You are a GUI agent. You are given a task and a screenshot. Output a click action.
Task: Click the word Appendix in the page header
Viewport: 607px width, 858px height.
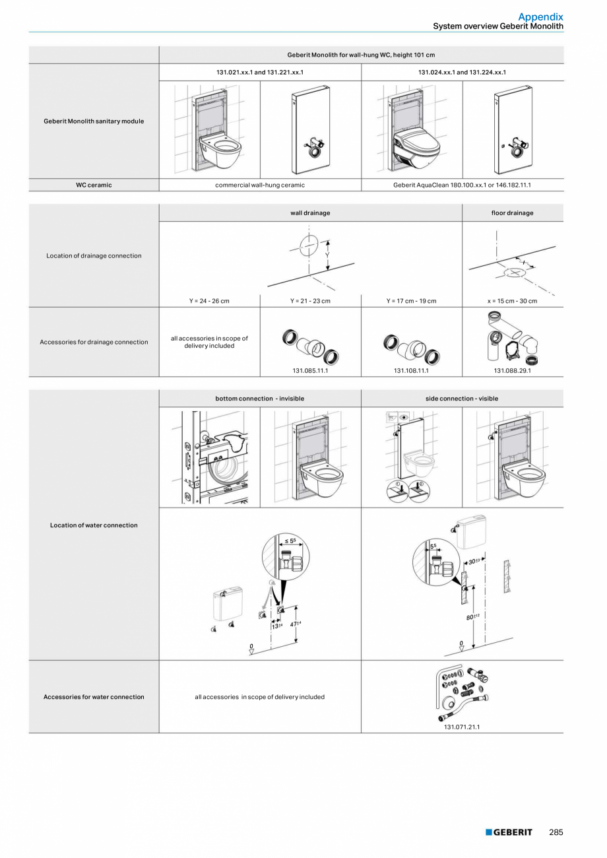[540, 16]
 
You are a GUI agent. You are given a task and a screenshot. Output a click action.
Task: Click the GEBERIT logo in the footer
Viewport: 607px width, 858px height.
[509, 832]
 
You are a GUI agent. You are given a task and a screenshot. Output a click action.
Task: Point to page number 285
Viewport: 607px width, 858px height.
[556, 832]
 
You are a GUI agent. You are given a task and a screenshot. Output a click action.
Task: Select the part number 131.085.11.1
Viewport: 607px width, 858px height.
[311, 370]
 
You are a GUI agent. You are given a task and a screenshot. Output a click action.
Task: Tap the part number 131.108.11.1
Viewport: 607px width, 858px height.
[411, 370]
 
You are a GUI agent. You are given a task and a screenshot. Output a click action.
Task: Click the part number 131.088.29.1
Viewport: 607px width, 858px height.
[513, 370]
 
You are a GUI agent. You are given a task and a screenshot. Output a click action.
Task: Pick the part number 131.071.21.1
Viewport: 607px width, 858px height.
[462, 727]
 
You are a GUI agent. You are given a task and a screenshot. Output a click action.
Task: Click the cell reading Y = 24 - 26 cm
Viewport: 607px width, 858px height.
[209, 301]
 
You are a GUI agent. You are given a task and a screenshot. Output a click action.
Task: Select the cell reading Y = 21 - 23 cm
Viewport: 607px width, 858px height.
[310, 301]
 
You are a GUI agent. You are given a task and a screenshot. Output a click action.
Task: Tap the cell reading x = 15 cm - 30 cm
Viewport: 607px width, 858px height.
[512, 301]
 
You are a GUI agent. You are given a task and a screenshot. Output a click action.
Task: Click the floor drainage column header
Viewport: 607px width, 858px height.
[513, 213]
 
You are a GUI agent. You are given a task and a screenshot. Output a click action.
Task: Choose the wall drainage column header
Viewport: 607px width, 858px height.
[310, 213]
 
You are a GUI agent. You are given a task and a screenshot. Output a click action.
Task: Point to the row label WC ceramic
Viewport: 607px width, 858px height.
[94, 185]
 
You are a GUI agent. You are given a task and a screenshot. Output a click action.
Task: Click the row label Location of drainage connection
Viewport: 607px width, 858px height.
[94, 256]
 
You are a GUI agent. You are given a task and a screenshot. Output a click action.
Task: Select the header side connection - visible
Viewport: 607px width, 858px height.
[462, 399]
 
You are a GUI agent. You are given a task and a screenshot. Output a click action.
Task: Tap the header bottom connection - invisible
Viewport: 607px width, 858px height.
[260, 399]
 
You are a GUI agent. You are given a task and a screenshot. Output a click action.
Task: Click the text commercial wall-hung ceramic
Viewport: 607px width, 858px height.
[260, 185]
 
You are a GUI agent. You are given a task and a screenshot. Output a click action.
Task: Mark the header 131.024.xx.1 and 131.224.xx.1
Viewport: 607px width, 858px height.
[462, 72]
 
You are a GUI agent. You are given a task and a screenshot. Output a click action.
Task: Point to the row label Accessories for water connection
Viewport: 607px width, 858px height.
[94, 697]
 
